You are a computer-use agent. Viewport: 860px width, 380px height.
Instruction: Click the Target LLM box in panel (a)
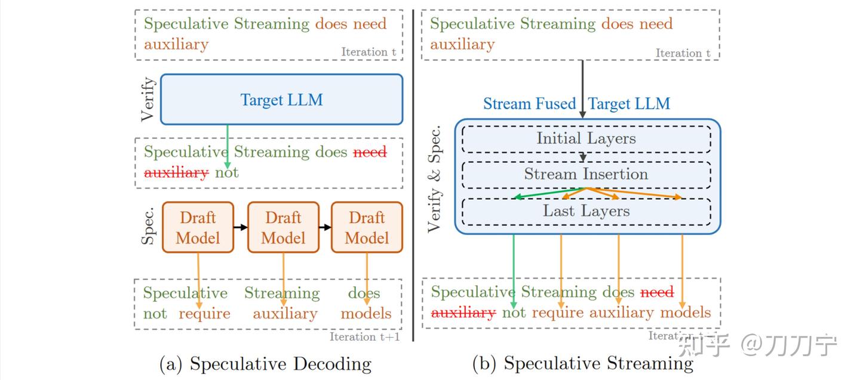[x=281, y=100]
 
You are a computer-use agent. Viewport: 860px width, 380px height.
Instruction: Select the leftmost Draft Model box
[x=198, y=227]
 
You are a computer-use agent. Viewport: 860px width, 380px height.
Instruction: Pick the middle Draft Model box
[x=283, y=227]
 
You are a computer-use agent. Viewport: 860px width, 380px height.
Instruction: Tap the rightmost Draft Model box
[x=367, y=227]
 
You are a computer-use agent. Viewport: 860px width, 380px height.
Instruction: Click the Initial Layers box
[x=586, y=139]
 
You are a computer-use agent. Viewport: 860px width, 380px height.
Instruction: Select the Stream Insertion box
[x=586, y=174]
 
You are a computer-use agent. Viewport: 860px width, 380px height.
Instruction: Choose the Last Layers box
[x=586, y=211]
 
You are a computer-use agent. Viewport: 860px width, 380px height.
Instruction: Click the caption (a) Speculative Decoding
[x=265, y=364]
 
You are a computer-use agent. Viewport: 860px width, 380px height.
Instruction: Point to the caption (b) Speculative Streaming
[x=582, y=364]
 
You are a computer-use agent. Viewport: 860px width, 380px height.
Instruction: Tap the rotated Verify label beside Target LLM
[x=148, y=99]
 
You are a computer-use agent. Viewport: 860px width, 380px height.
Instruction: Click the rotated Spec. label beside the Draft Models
[x=148, y=227]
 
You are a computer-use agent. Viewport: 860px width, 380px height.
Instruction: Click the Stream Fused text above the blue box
[x=529, y=104]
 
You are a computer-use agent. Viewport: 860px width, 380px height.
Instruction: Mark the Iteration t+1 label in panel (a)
[x=364, y=337]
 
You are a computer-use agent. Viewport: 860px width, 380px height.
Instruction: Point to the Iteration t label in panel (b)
[x=683, y=53]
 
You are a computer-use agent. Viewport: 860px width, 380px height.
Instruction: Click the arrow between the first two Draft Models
[x=240, y=227]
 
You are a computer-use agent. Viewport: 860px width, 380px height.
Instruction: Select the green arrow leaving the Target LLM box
[x=228, y=146]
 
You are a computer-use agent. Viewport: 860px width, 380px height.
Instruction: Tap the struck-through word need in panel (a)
[x=370, y=152]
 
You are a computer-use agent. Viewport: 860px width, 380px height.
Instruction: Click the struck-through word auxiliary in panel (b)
[x=463, y=313]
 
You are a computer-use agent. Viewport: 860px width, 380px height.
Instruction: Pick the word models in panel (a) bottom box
[x=366, y=314]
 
